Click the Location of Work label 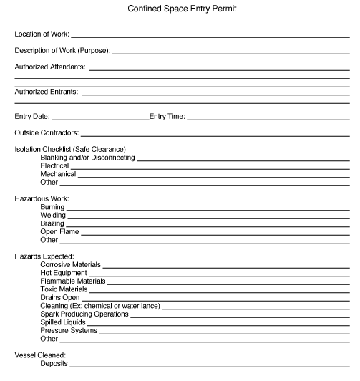pyautogui.click(x=42, y=34)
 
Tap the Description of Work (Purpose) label pyautogui.click(x=62, y=50)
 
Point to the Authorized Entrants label pyautogui.click(x=47, y=92)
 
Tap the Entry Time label pyautogui.click(x=167, y=116)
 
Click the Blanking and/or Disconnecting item pyautogui.click(x=87, y=157)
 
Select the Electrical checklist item pyautogui.click(x=54, y=165)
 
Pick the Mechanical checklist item pyautogui.click(x=58, y=174)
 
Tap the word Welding pyautogui.click(x=53, y=215)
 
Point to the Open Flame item pyautogui.click(x=59, y=231)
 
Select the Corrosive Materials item pyautogui.click(x=71, y=265)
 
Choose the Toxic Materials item pyautogui.click(x=64, y=289)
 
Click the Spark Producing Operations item pyautogui.click(x=84, y=314)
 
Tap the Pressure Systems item pyautogui.click(x=68, y=330)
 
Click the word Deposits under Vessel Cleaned pyautogui.click(x=54, y=363)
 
